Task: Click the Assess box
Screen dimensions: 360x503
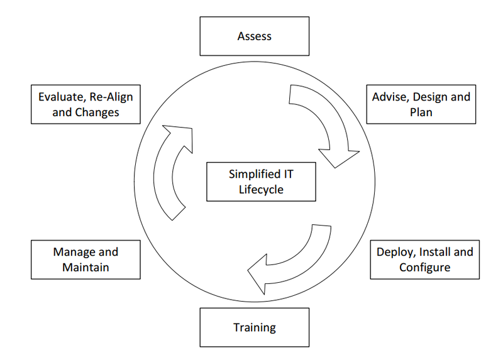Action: coord(254,36)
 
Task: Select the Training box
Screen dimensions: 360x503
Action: coord(254,327)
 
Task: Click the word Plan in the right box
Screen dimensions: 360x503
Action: coord(421,112)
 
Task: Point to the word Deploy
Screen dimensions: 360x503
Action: coord(394,253)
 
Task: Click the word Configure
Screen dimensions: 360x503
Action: coord(424,268)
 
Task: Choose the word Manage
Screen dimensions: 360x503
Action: coord(69,253)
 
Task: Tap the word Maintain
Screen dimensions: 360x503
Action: coord(86,268)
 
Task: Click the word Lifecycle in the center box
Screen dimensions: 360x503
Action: coord(261,189)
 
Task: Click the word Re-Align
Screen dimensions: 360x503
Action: coord(111,97)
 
